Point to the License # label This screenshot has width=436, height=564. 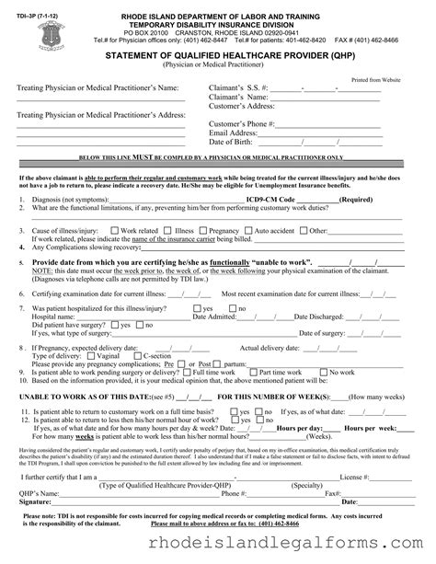tap(354, 477)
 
